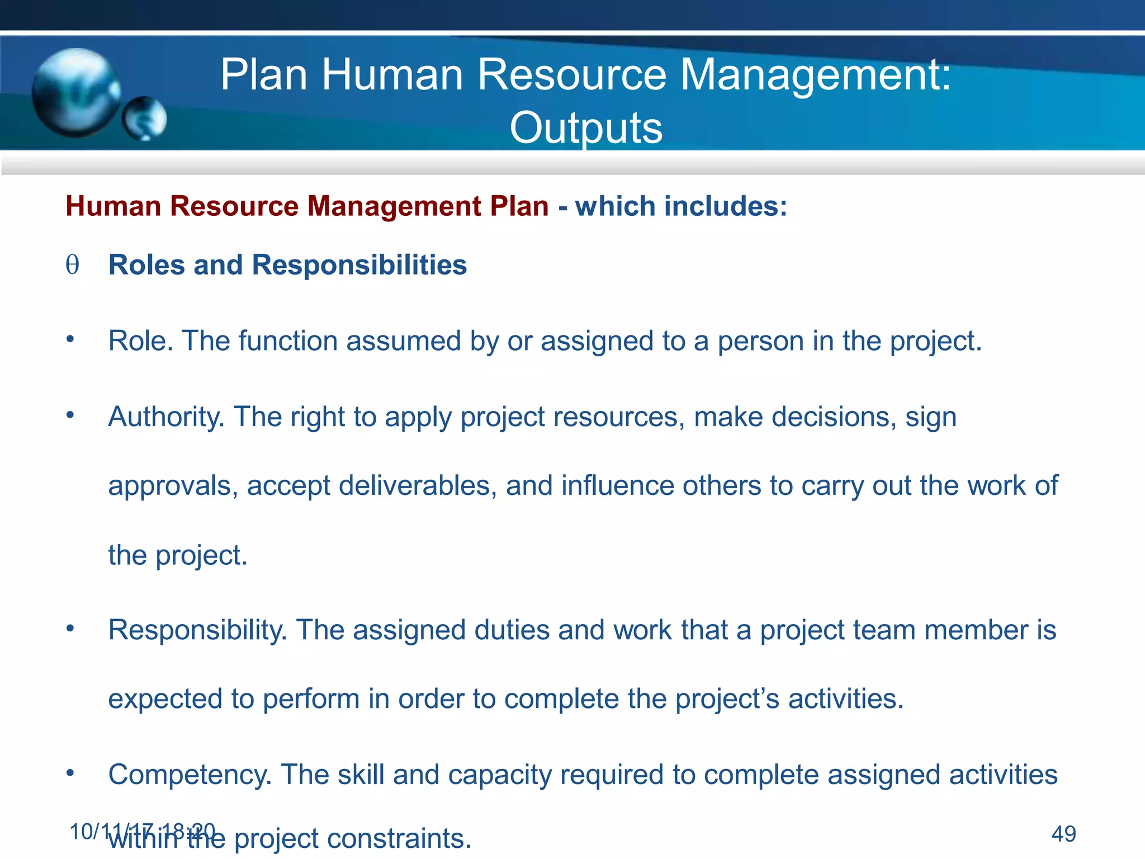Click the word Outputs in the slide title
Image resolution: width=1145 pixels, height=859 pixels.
585,128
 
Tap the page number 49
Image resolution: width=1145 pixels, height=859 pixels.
1063,834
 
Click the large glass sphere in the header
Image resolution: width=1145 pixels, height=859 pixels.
75,92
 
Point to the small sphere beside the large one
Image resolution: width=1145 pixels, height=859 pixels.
144,119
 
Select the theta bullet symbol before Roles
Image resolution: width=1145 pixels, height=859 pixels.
72,265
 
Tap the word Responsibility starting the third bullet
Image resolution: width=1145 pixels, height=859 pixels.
197,630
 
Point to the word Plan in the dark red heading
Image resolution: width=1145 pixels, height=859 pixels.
519,206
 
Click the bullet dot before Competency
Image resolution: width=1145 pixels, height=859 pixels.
70,773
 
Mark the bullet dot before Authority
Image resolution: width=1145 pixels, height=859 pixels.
70,415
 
